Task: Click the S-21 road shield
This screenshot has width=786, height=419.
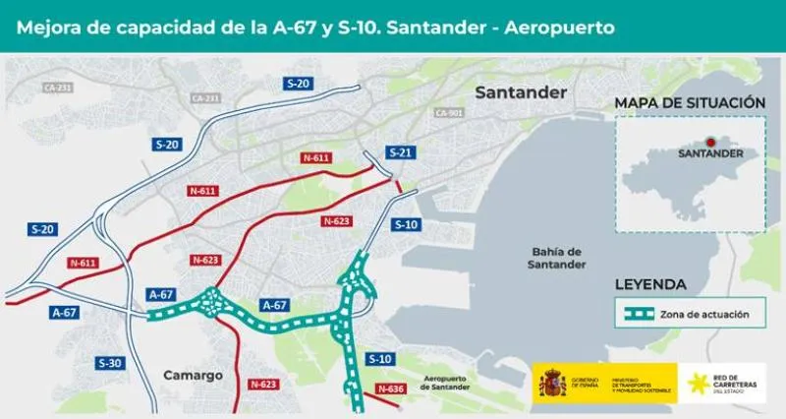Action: (x=400, y=152)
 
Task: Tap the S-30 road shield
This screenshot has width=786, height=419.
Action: (x=111, y=363)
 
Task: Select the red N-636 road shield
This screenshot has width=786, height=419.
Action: (x=390, y=389)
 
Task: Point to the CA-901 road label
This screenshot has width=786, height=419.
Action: (x=448, y=112)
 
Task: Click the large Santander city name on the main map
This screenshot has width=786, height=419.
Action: (x=521, y=92)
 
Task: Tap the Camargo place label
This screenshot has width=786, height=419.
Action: (x=193, y=375)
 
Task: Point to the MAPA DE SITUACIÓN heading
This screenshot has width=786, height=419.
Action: (x=689, y=102)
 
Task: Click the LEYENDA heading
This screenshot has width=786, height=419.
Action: (x=650, y=284)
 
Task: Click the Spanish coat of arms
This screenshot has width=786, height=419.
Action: (x=551, y=385)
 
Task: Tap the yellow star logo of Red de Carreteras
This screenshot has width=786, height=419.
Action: (x=701, y=385)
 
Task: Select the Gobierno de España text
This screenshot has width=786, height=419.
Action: (x=587, y=384)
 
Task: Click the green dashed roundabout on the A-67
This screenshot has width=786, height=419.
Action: (x=210, y=304)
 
